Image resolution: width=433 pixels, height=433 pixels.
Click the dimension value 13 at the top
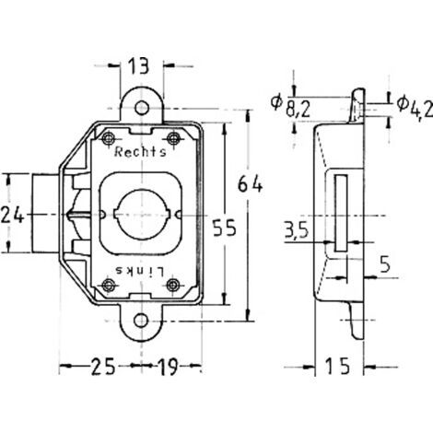tap(138, 66)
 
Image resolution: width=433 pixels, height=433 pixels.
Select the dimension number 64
tap(251, 185)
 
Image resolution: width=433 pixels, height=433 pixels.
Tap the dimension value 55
tap(225, 228)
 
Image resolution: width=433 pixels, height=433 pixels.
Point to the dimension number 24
tap(13, 215)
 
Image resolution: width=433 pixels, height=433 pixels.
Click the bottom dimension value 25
tap(102, 367)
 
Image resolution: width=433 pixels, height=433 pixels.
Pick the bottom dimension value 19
tap(168, 367)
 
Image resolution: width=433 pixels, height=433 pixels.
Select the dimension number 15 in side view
tap(338, 366)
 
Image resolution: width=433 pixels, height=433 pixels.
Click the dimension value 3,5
tap(296, 230)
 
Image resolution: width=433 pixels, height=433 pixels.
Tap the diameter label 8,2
tap(298, 110)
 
